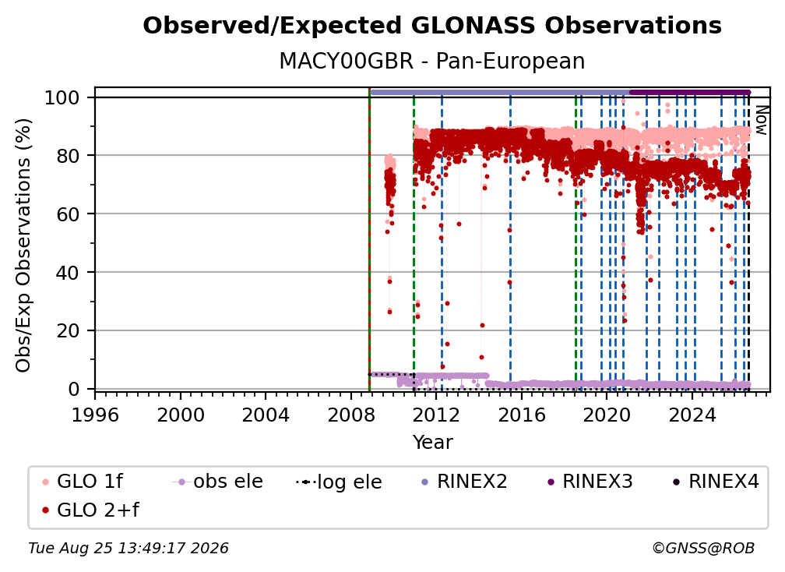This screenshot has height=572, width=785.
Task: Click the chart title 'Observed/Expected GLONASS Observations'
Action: (432, 26)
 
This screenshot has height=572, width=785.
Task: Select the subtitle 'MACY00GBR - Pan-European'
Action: (432, 61)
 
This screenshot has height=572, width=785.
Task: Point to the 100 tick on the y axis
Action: (62, 97)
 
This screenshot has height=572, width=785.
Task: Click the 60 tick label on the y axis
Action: (68, 214)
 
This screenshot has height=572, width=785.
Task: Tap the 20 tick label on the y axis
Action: (68, 331)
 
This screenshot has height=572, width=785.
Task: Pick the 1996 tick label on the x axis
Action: (95, 415)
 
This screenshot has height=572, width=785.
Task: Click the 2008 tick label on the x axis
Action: (351, 415)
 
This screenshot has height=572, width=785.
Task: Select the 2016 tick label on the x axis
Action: (522, 415)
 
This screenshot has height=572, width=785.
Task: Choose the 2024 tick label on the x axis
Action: (692, 415)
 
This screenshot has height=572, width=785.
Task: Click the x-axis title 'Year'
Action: (432, 443)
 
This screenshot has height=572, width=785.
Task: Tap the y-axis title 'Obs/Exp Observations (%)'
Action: (23, 245)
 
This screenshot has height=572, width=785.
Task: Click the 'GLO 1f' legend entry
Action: (82, 482)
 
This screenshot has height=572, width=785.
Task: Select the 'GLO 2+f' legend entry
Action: (90, 510)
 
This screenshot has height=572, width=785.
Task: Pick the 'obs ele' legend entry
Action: (217, 482)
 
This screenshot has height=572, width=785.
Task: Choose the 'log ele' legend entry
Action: (340, 482)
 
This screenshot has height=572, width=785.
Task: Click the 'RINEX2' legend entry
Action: (464, 482)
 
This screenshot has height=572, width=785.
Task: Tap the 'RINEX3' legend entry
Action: (590, 482)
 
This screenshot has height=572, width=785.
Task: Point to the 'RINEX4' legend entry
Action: (716, 482)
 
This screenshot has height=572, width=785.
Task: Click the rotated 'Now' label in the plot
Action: (761, 120)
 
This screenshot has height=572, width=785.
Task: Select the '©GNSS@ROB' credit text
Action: (703, 549)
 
